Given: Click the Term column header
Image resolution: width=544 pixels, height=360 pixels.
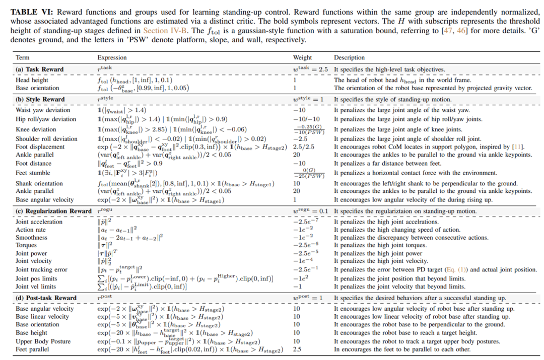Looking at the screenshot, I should [23, 58].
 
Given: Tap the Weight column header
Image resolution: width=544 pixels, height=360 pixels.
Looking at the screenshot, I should [302, 58].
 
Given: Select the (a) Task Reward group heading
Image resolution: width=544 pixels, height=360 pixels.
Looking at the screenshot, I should [40, 69].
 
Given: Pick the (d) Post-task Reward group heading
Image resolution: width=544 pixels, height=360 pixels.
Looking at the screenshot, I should [46, 298].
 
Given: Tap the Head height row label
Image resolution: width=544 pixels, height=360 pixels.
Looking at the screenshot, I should [32, 80].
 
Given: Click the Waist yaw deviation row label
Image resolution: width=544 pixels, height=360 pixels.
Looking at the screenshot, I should [43, 110].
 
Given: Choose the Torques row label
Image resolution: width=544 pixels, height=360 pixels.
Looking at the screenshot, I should [27, 245].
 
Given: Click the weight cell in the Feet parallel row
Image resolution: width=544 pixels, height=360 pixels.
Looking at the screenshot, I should [297, 349].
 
